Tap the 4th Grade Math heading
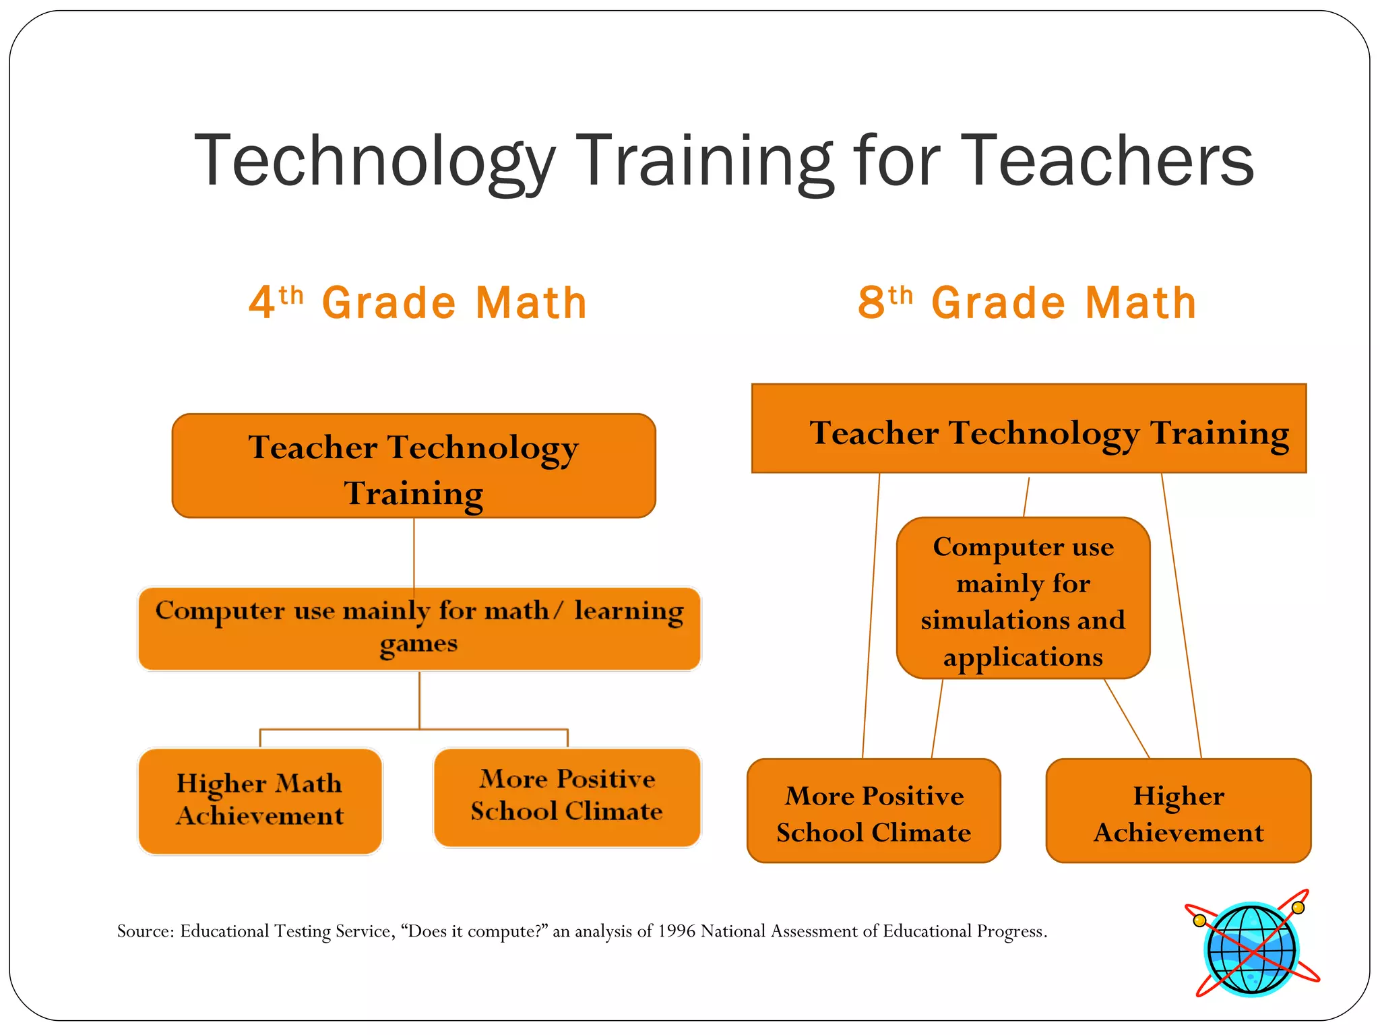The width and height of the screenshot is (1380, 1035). [x=418, y=303]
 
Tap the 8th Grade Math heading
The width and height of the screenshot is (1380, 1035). [x=1027, y=303]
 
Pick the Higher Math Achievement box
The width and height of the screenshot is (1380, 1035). [x=259, y=801]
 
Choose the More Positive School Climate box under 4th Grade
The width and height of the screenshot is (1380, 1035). [x=567, y=796]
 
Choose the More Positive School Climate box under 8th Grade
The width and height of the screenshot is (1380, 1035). [x=873, y=812]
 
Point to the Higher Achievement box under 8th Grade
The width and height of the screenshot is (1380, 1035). [x=1178, y=812]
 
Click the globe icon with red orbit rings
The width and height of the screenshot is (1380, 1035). [x=1251, y=949]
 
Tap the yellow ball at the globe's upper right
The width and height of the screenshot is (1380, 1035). [x=1298, y=908]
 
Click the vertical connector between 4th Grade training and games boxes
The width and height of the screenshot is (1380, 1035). [x=414, y=553]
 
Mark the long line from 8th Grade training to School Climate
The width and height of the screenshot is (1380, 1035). [x=871, y=617]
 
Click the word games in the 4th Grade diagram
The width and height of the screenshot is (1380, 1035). [x=418, y=644]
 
